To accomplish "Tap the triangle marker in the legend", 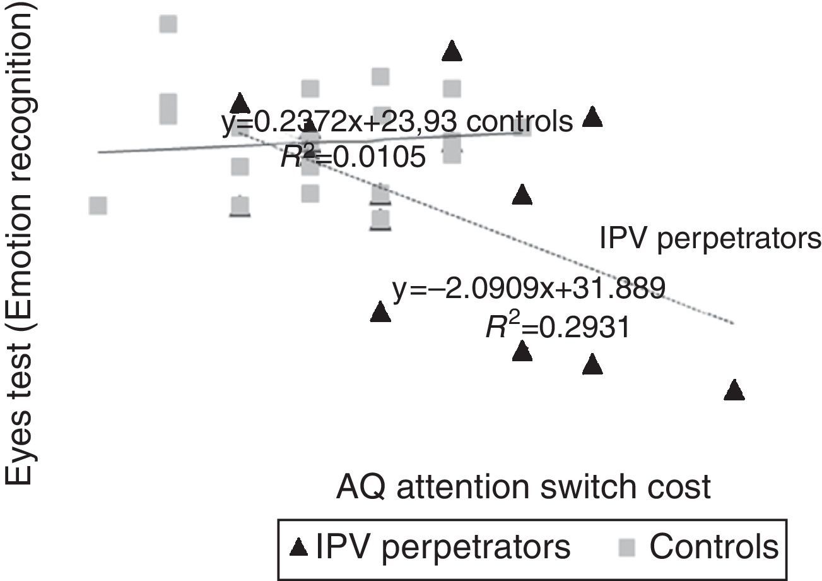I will [300, 548].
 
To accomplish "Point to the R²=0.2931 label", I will [557, 327].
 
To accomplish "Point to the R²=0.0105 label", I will [353, 157].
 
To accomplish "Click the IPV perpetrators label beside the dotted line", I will [710, 239].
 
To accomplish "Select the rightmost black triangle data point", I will [734, 391].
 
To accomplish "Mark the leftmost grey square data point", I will [98, 205].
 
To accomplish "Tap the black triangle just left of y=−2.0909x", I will [380, 312].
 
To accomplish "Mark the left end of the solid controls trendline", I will [99, 152].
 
